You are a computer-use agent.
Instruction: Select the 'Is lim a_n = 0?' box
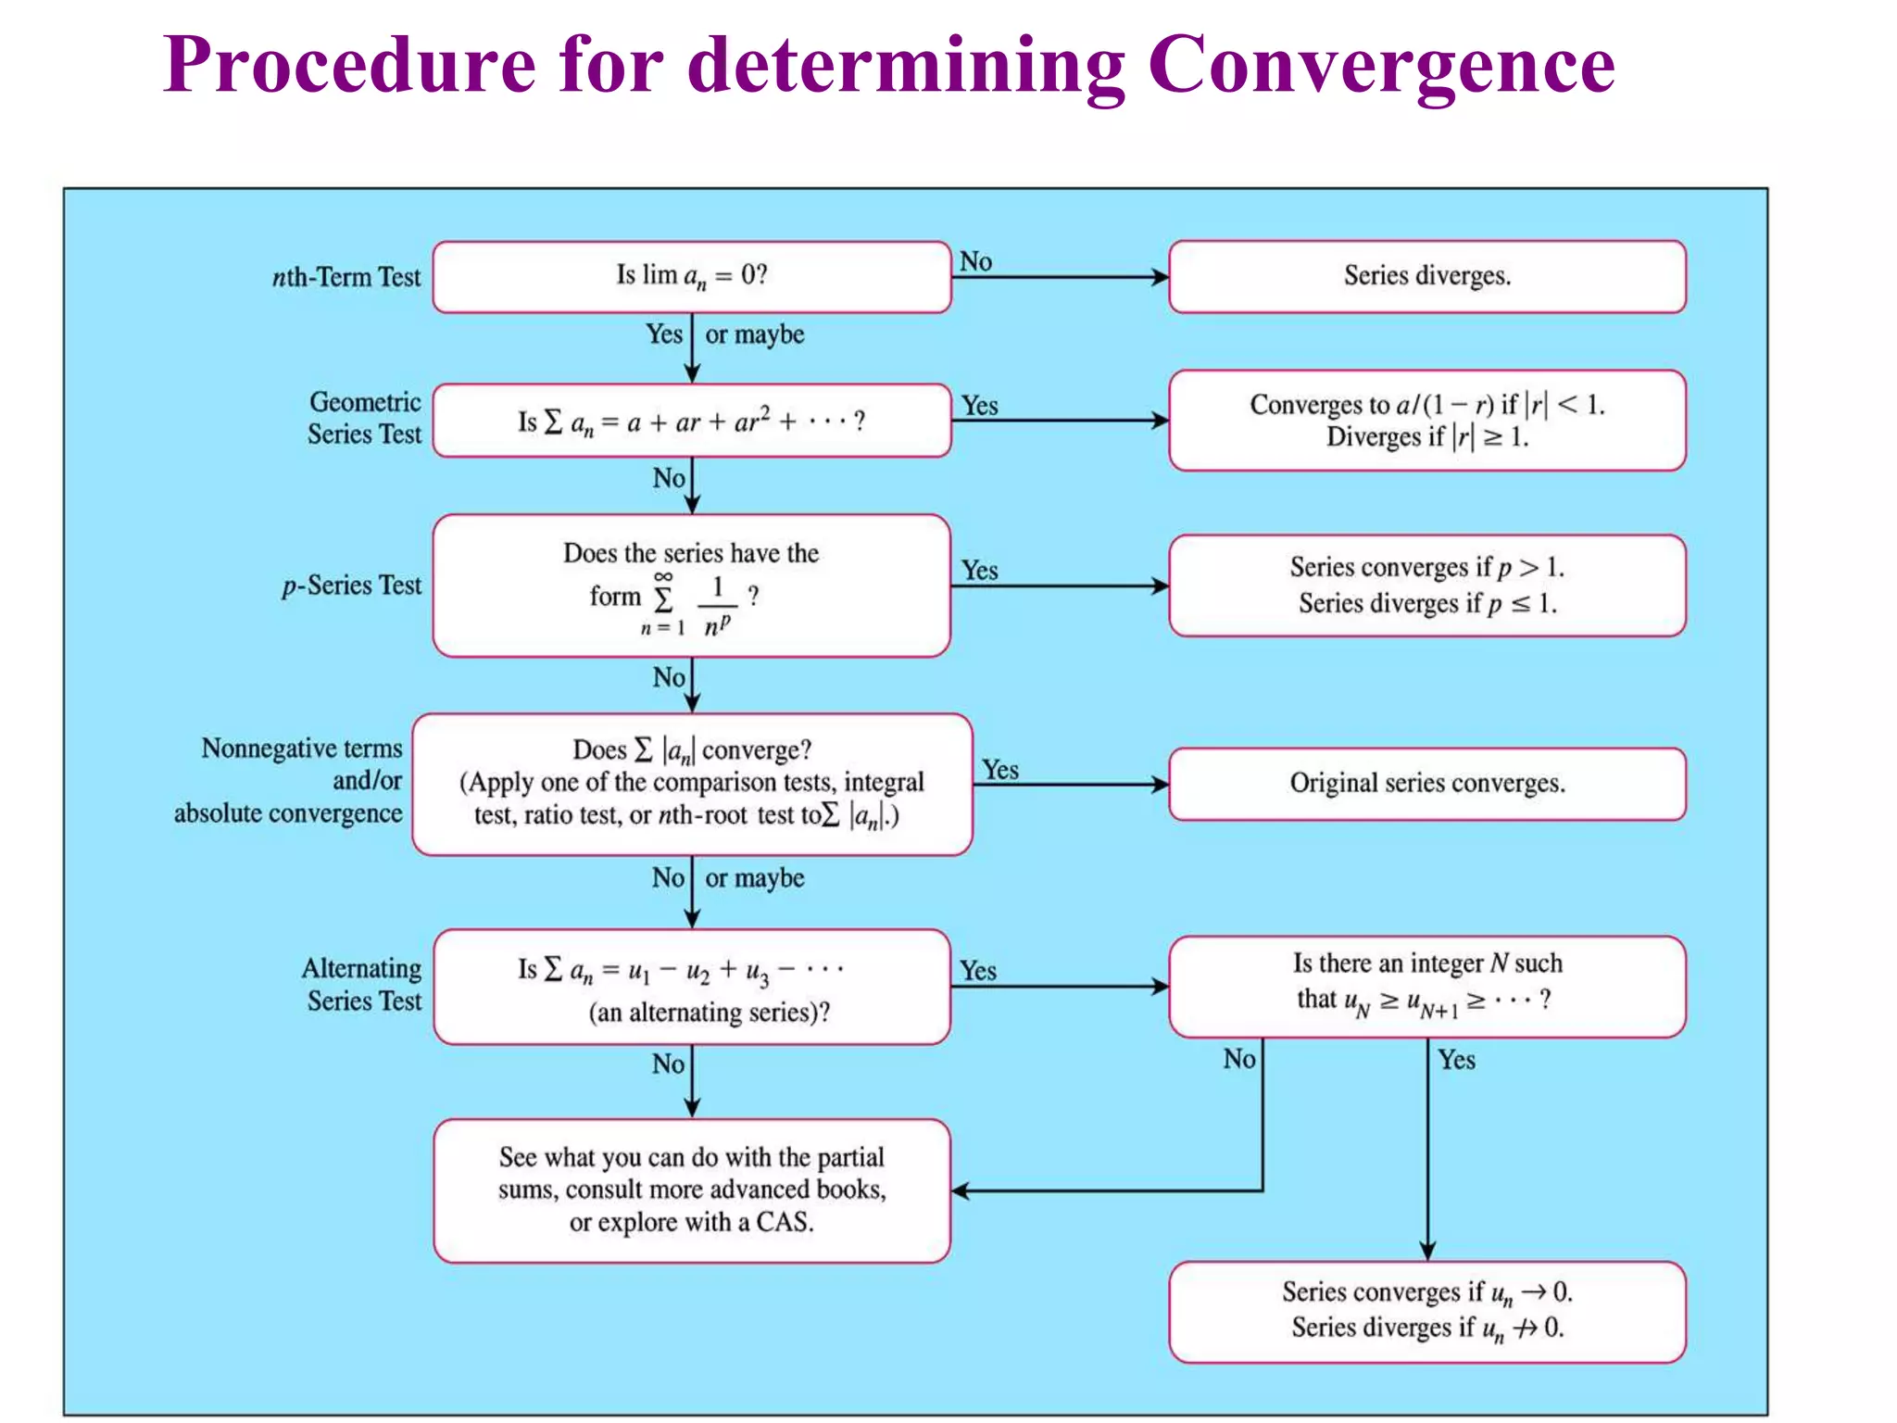click(691, 277)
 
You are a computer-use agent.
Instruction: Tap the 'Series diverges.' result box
click(1426, 277)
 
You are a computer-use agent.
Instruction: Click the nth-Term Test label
click(345, 277)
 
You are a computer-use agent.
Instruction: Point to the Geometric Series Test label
click(364, 418)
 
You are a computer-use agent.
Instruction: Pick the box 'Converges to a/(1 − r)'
click(1426, 421)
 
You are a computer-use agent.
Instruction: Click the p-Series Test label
click(351, 586)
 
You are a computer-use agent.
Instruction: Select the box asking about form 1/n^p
click(691, 586)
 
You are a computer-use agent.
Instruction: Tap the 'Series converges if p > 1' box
click(1426, 586)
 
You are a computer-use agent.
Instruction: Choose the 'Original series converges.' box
click(1426, 784)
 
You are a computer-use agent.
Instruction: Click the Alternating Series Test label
click(362, 985)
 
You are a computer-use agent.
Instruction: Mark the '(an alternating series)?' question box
click(691, 988)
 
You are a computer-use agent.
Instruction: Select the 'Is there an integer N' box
click(1426, 987)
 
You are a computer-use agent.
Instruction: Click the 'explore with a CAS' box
click(691, 1190)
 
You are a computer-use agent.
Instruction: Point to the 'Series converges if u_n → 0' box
click(1426, 1311)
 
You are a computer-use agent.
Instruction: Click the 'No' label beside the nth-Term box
click(975, 262)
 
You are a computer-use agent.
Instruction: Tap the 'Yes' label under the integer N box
click(1456, 1060)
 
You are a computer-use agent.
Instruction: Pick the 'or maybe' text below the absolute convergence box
click(754, 878)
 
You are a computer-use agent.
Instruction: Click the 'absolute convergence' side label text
click(288, 813)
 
